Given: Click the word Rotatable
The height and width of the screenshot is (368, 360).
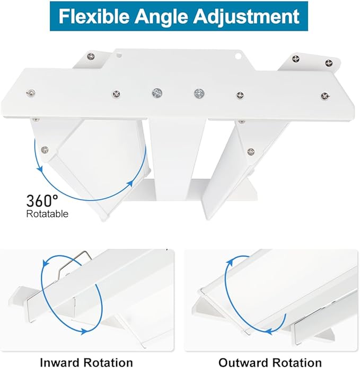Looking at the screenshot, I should point(47,214).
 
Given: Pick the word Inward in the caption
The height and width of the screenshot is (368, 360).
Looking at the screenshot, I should point(63,362).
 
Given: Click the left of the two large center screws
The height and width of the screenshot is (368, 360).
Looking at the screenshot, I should point(157,93).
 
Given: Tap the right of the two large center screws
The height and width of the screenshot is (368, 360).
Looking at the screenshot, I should point(199,94).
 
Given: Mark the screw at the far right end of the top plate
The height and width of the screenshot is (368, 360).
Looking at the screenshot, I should point(324,96).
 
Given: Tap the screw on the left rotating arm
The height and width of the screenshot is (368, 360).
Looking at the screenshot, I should point(45,149).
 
